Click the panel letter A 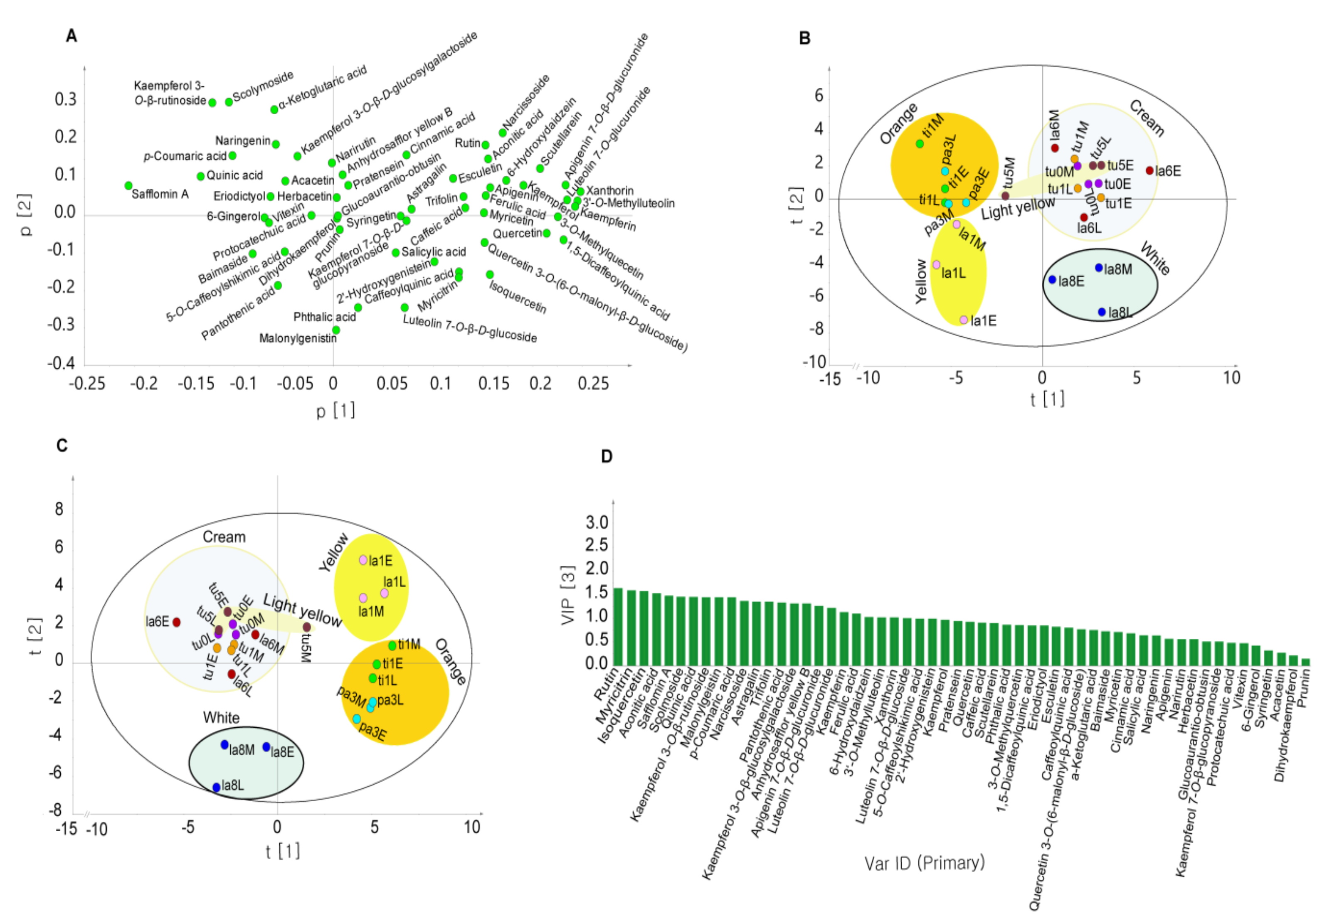(x=71, y=36)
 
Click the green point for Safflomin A (x=128, y=185)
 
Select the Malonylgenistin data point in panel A (x=336, y=330)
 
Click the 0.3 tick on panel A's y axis (x=65, y=99)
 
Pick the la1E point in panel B (x=963, y=320)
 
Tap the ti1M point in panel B (x=920, y=144)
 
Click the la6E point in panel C (x=177, y=622)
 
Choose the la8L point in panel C (x=217, y=787)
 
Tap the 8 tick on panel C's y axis (x=59, y=509)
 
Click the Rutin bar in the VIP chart (x=618, y=626)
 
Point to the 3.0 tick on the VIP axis (x=597, y=522)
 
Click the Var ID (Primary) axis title (x=924, y=863)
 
